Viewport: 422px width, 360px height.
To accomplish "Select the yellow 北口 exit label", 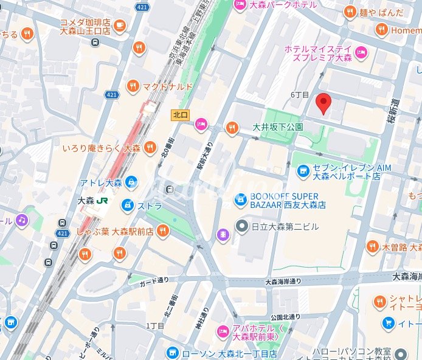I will [180, 114].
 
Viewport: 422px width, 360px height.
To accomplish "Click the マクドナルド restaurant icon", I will [133, 87].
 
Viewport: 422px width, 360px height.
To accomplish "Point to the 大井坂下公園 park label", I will [277, 128].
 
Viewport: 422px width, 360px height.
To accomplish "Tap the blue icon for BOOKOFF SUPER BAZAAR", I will [241, 199].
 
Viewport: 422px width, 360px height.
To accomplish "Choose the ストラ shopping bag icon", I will [128, 206].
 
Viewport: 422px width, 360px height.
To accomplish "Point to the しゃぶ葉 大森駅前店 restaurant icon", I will [162, 230].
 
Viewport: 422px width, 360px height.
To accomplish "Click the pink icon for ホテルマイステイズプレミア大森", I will [361, 53].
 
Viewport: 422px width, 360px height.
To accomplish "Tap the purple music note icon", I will [22, 220].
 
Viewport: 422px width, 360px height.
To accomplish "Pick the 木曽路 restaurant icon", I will [372, 247].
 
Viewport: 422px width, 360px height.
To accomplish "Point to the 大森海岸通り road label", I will [283, 282].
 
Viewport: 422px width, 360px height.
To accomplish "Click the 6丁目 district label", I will [300, 95].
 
